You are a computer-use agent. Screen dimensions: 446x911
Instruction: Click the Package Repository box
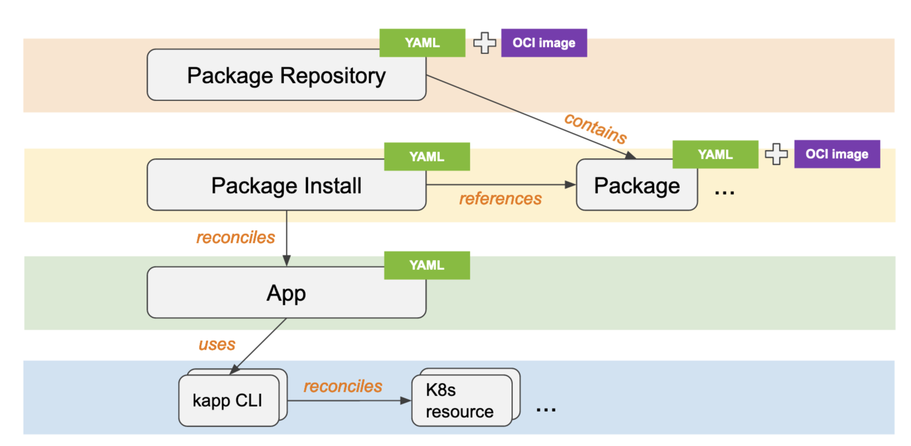pyautogui.click(x=286, y=75)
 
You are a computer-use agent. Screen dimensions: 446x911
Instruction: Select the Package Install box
pyautogui.click(x=286, y=185)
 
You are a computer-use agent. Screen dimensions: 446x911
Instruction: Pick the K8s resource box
pyautogui.click(x=461, y=400)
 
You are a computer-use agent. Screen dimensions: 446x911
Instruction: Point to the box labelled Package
pyautogui.click(x=637, y=185)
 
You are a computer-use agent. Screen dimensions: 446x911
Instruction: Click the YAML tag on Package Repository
pyautogui.click(x=422, y=43)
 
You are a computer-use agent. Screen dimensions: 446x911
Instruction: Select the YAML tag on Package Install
pyautogui.click(x=427, y=157)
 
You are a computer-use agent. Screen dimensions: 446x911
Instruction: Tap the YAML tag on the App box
pyautogui.click(x=427, y=265)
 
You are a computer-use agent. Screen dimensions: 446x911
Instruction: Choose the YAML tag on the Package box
pyautogui.click(x=715, y=154)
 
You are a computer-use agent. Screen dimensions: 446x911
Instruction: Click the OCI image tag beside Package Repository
pyautogui.click(x=544, y=43)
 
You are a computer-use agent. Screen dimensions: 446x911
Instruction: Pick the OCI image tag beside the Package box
pyautogui.click(x=837, y=154)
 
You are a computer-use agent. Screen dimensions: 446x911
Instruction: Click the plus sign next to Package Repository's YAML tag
pyautogui.click(x=484, y=43)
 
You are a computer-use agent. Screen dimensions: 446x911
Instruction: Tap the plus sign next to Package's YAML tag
pyautogui.click(x=776, y=154)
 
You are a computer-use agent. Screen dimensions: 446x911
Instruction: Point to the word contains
pyautogui.click(x=596, y=129)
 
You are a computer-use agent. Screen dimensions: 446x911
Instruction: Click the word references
pyautogui.click(x=500, y=199)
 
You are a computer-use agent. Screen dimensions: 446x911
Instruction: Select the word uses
pyautogui.click(x=217, y=344)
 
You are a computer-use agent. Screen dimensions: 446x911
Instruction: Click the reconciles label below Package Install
pyautogui.click(x=236, y=237)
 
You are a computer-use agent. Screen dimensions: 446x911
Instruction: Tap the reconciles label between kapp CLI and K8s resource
pyautogui.click(x=343, y=386)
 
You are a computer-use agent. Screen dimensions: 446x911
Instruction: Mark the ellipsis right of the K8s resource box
pyautogui.click(x=546, y=410)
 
